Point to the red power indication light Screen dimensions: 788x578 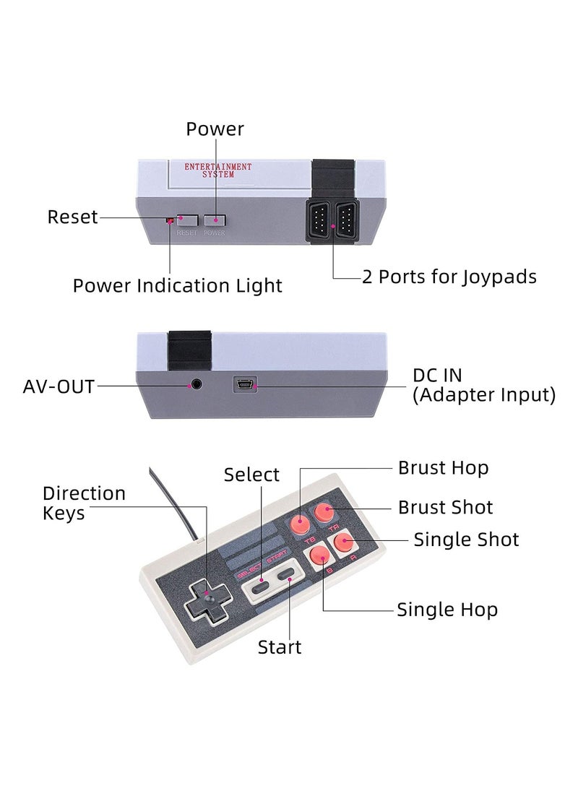171,219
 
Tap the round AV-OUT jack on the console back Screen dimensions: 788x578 194,386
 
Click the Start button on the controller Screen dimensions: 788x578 288,578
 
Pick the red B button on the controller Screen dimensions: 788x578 319,555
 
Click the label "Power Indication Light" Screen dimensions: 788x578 177,285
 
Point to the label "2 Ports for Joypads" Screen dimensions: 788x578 449,277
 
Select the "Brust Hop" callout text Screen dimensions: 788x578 443,468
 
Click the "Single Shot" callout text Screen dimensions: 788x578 466,540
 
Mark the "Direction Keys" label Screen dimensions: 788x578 84,503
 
